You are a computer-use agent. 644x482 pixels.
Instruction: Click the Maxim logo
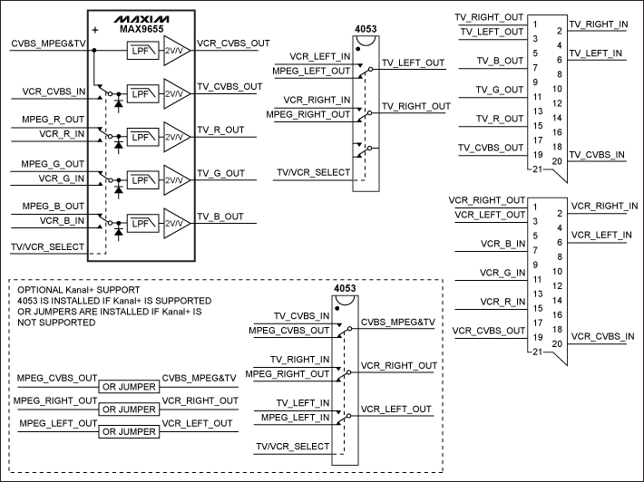point(141,18)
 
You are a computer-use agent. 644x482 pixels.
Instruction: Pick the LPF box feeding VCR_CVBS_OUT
point(141,53)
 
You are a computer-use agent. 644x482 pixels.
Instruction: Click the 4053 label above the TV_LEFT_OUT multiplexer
point(366,28)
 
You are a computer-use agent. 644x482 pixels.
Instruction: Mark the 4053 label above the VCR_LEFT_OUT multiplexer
point(345,289)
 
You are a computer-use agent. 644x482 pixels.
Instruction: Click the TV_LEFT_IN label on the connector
point(596,53)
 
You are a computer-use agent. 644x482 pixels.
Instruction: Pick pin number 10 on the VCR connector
point(559,271)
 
